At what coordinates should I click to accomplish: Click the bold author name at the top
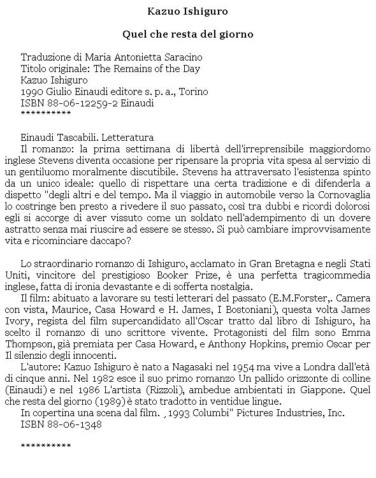(187, 11)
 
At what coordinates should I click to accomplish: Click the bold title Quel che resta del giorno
(187, 33)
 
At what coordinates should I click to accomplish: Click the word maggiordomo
(342, 148)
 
